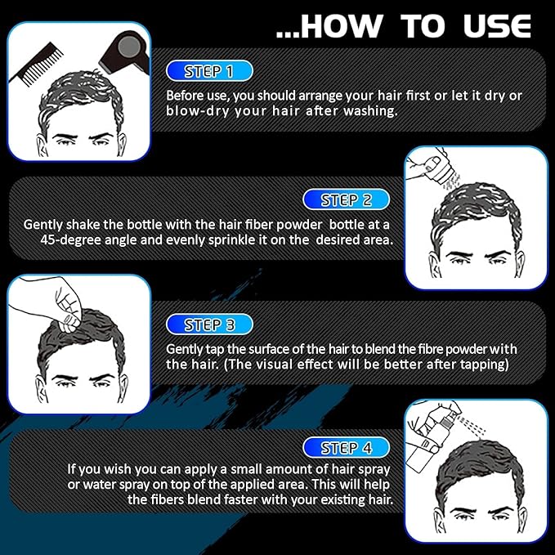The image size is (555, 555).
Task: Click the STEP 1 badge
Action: (x=209, y=71)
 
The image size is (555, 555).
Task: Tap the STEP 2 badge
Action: (x=347, y=199)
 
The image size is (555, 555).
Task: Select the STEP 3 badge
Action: (x=209, y=324)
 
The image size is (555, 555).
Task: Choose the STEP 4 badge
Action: (x=347, y=448)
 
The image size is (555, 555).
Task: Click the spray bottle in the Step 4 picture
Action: (x=426, y=441)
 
